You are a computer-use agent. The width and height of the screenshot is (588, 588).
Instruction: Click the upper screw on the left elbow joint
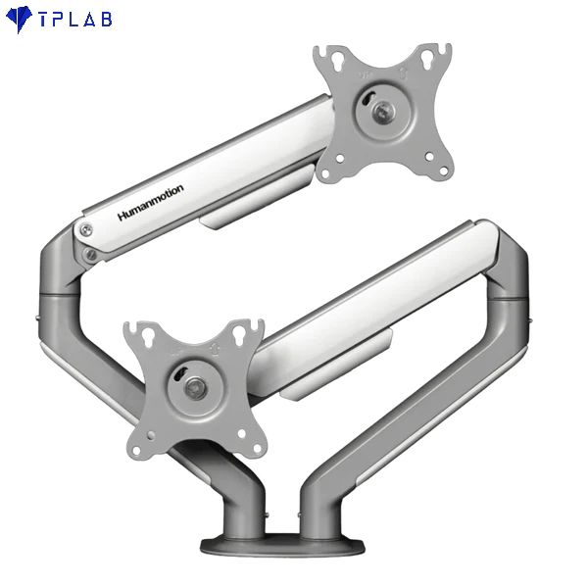[86, 231]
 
